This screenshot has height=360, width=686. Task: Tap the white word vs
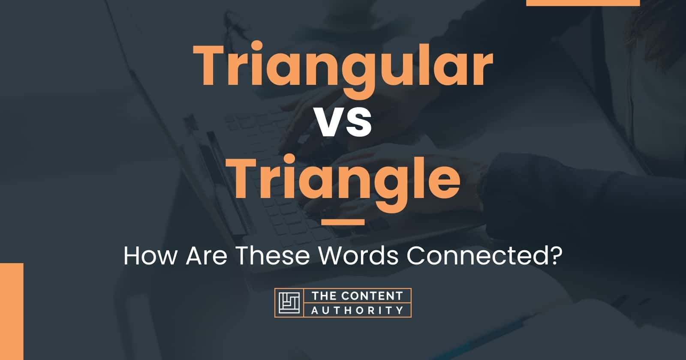(x=343, y=123)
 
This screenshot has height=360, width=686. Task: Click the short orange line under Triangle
(x=343, y=222)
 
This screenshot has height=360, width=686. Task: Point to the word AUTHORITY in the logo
(x=357, y=310)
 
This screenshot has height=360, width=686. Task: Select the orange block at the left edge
(x=12, y=311)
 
